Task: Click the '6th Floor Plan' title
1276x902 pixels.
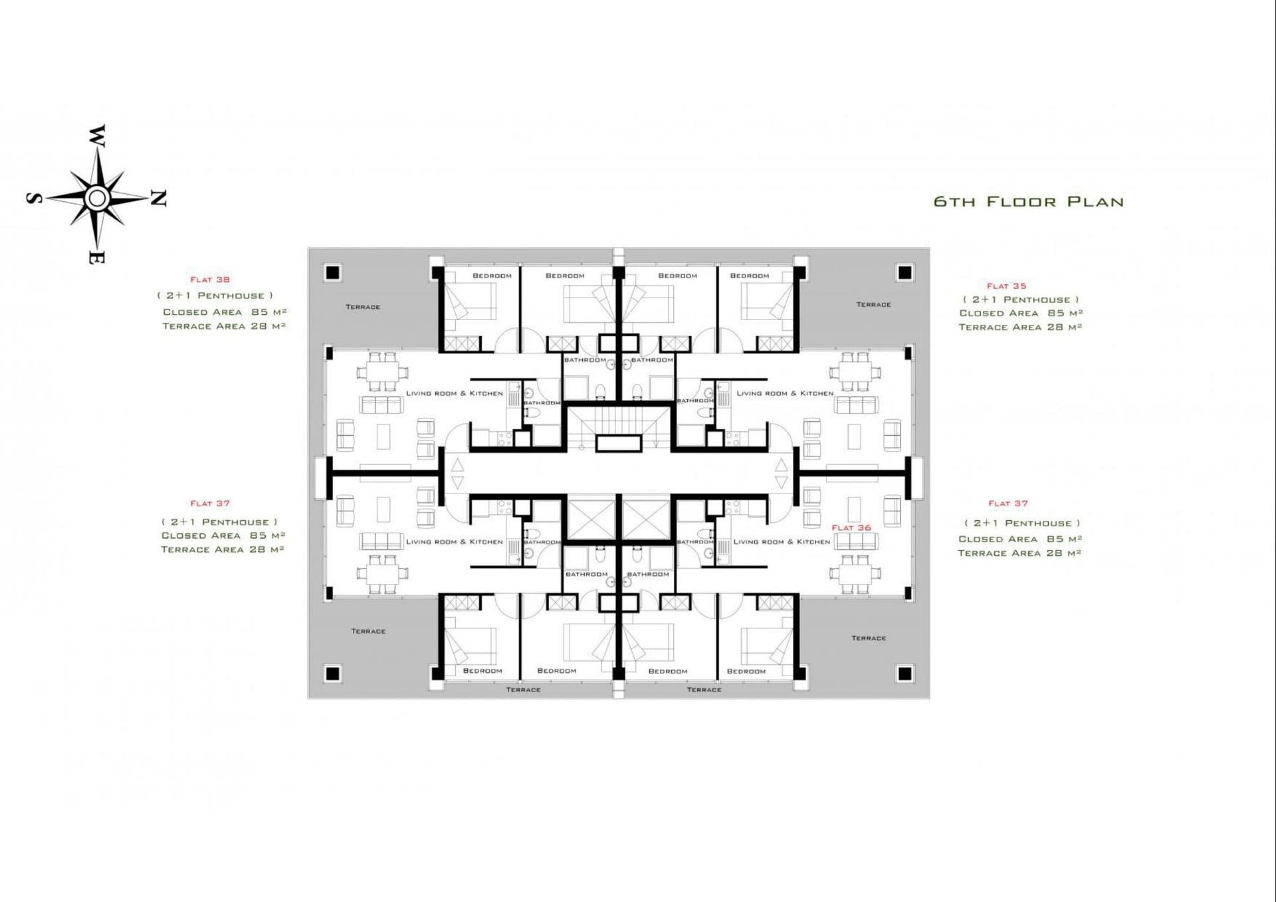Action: (1028, 201)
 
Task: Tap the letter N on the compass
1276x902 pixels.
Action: (158, 198)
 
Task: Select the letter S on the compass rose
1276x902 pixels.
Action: (35, 198)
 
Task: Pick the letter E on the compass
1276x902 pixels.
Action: (96, 258)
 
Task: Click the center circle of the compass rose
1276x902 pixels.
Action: (97, 198)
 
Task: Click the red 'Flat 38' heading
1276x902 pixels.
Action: (210, 280)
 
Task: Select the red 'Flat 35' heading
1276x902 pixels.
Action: (1006, 286)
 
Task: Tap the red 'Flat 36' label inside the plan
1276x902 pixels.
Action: (851, 527)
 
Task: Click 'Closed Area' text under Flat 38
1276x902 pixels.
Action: (203, 312)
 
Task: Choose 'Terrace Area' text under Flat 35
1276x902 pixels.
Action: (1000, 327)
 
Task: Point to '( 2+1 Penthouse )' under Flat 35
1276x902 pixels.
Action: (1021, 300)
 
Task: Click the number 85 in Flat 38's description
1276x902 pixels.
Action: (260, 312)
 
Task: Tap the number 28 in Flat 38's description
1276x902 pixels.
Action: (259, 325)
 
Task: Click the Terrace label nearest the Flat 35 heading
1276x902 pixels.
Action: (873, 304)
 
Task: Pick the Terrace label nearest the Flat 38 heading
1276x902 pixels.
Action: (363, 307)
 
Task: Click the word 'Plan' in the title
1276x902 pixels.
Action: (1095, 201)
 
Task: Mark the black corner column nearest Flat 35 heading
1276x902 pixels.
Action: (904, 272)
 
